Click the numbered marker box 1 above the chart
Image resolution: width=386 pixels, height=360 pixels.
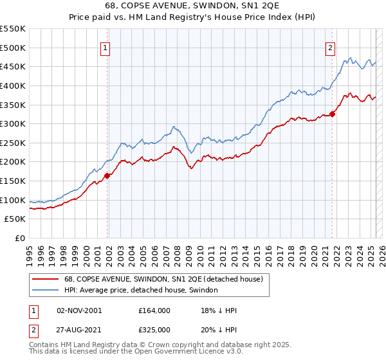click(104, 47)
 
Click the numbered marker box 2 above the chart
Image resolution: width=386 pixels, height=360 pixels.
click(330, 47)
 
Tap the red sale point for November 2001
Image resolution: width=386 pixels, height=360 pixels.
click(107, 175)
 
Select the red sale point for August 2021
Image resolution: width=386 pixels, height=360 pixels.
click(333, 114)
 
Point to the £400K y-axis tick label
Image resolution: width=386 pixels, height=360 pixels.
click(13, 85)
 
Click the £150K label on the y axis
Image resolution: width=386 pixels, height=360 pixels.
click(13, 181)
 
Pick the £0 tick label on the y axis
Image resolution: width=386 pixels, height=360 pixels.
click(19, 239)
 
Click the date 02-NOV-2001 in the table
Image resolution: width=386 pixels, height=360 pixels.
click(80, 310)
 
